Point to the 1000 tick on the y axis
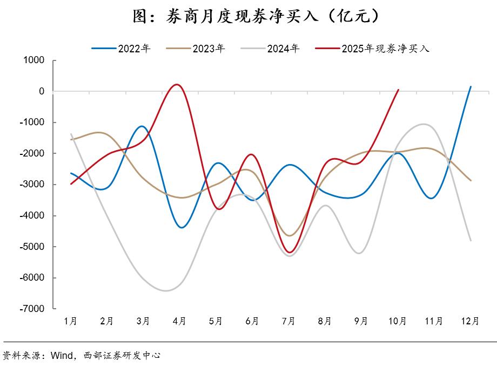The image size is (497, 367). [33, 60]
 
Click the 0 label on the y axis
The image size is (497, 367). [42, 91]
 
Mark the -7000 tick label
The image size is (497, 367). [32, 309]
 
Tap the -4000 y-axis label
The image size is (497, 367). [32, 216]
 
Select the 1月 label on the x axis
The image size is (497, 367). [70, 321]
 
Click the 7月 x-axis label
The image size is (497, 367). [288, 321]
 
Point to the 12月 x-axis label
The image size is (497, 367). [470, 321]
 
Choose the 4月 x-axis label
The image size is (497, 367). [179, 321]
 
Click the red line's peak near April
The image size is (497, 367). [176, 84]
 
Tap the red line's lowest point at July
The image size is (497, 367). [290, 252]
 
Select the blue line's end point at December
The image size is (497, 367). [471, 86]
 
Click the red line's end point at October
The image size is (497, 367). [398, 90]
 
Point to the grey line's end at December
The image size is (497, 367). [471, 241]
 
